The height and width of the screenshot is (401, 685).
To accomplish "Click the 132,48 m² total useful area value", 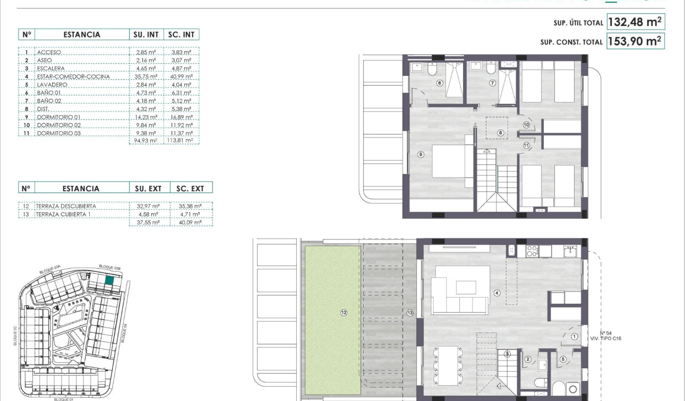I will (635, 22).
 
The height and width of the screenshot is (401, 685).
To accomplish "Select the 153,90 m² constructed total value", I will (635, 41).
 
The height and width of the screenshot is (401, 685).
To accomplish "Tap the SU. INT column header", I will (145, 35).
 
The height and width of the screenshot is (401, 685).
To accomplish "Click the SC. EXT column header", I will (190, 188).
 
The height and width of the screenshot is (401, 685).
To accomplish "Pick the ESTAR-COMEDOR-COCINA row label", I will (73, 76).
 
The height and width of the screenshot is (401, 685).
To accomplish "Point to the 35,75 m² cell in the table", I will (145, 76).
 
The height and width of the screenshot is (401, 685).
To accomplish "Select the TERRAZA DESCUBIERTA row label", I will (66, 206).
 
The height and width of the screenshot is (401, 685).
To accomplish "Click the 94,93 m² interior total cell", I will (145, 141).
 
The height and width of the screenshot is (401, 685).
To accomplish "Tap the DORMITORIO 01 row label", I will (59, 117).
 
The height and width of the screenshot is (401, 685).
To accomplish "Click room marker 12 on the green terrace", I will (344, 313).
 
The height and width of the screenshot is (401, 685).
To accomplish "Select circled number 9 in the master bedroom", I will (421, 155).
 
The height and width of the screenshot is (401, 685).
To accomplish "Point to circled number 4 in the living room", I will (498, 293).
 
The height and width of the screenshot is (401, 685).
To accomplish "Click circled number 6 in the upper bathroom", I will (440, 83).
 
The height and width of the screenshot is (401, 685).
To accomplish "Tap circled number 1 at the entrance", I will (574, 336).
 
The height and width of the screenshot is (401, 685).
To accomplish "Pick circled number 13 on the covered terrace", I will (409, 313).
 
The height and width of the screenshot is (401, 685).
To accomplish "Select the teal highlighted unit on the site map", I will (109, 281).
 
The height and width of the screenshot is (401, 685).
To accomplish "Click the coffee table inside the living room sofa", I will (466, 287).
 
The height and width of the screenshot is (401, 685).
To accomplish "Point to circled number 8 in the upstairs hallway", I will (500, 133).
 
